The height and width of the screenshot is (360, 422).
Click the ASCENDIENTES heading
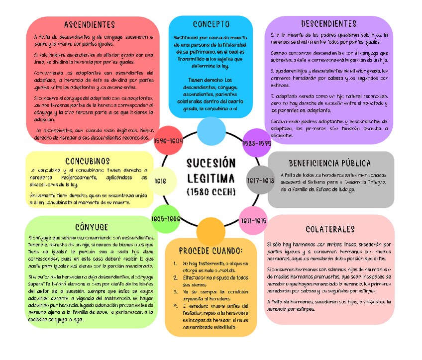(90, 24)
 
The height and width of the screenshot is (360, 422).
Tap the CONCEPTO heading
(211, 24)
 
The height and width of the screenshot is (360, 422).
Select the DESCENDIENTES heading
(328, 24)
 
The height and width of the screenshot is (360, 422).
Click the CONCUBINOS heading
(88, 161)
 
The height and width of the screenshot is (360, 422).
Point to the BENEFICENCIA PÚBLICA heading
(330, 163)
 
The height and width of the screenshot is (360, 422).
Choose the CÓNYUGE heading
(91, 227)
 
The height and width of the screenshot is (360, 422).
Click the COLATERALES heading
(330, 229)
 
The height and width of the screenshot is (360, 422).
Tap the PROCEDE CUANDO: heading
(211, 250)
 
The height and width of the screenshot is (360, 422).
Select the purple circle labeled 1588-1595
(256, 143)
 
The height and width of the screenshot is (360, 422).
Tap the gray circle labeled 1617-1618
(261, 180)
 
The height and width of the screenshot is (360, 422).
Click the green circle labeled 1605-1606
(166, 219)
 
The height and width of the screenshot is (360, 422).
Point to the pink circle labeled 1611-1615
(253, 221)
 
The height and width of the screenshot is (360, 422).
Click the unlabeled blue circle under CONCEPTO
(211, 131)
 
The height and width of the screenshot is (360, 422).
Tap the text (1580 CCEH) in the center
(211, 191)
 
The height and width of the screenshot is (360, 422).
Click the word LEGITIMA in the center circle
(211, 178)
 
